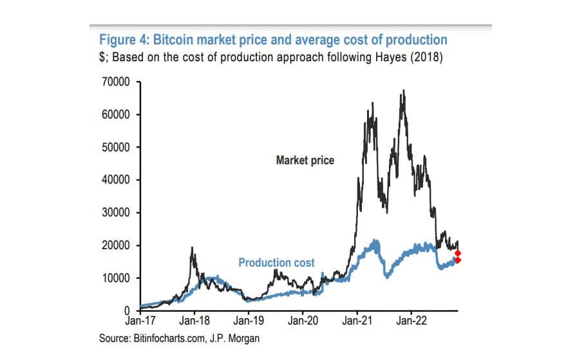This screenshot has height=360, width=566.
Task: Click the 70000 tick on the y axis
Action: coord(118,82)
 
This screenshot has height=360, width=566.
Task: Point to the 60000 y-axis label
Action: coord(118,115)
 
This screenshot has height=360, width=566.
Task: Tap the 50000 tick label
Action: coord(118,147)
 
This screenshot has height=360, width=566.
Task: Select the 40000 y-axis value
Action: coord(118,180)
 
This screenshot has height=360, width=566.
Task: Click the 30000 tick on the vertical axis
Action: coord(118,213)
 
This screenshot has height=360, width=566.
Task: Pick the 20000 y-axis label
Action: coord(118,245)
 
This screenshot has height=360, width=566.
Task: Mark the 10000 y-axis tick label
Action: coord(118,278)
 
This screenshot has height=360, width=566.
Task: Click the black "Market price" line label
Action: coord(305,160)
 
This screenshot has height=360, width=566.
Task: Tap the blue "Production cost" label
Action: coord(277,262)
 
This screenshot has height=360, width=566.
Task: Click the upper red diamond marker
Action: coord(458,253)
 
